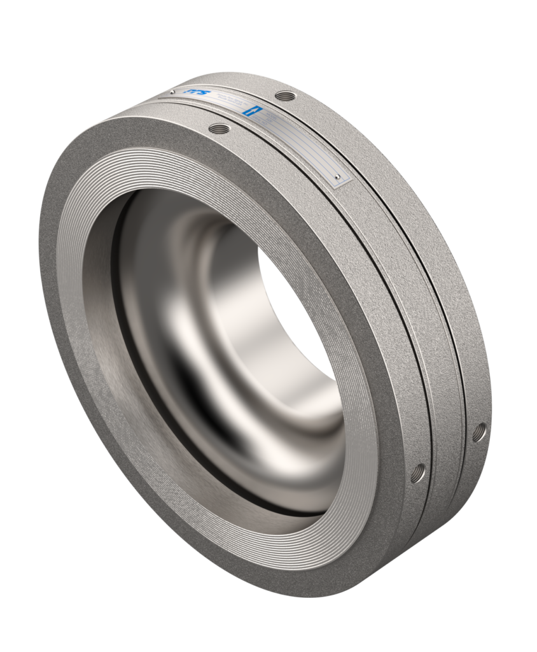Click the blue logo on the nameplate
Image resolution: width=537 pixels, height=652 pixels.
191,94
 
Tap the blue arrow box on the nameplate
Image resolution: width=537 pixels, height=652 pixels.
251,110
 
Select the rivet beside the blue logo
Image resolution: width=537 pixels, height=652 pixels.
172,92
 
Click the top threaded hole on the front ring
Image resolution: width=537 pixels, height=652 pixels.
218,129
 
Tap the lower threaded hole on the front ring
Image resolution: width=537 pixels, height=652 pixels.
418,472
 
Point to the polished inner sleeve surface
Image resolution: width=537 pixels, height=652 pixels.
210,357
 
